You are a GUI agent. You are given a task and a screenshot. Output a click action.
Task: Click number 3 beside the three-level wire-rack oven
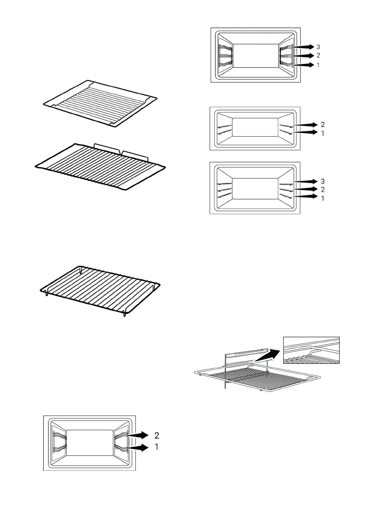[318, 47]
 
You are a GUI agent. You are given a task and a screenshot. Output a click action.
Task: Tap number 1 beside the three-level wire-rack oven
[318, 65]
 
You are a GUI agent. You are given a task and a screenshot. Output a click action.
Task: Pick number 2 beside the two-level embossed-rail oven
[323, 124]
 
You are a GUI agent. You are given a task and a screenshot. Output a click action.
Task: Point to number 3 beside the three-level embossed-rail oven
[323, 181]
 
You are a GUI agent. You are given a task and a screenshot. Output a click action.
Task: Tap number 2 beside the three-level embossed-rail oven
[323, 190]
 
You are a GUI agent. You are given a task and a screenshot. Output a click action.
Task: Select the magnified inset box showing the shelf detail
[311, 350]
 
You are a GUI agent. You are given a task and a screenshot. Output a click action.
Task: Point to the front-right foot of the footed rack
[125, 314]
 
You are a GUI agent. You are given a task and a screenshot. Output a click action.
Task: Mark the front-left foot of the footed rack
[47, 293]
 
